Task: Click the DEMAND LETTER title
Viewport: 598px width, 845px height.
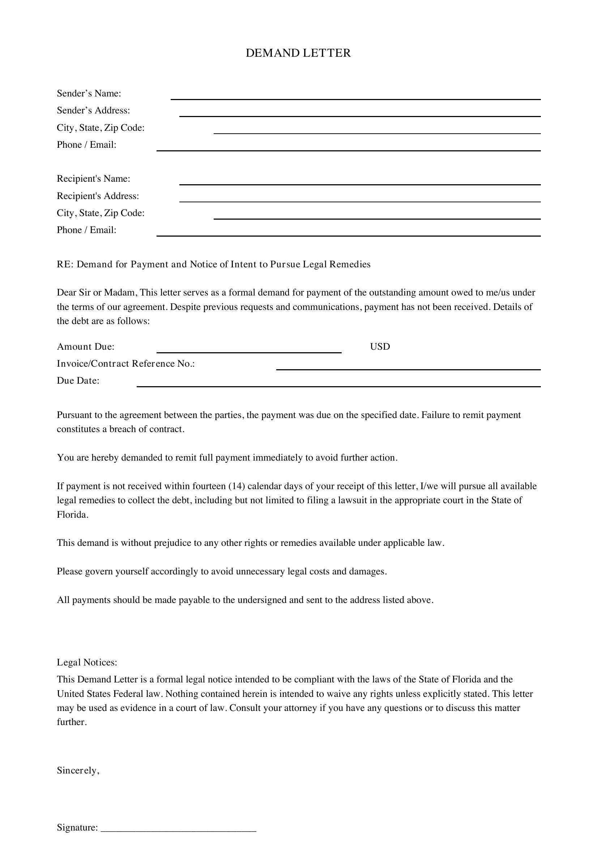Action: (298, 53)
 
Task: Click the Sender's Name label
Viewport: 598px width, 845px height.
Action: (89, 94)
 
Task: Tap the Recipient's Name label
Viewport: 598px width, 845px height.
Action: (93, 179)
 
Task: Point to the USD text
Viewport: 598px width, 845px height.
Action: (380, 347)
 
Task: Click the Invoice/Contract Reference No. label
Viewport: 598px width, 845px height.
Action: (125, 364)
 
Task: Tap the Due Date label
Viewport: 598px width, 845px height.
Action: (78, 381)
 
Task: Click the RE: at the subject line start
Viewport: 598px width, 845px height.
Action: (65, 264)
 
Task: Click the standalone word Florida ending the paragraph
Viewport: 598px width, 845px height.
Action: (72, 515)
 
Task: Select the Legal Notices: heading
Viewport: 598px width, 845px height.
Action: (87, 663)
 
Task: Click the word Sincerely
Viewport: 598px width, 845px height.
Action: (78, 771)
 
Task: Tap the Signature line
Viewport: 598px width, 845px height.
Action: (178, 828)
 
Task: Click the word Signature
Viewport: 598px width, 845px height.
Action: (77, 828)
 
